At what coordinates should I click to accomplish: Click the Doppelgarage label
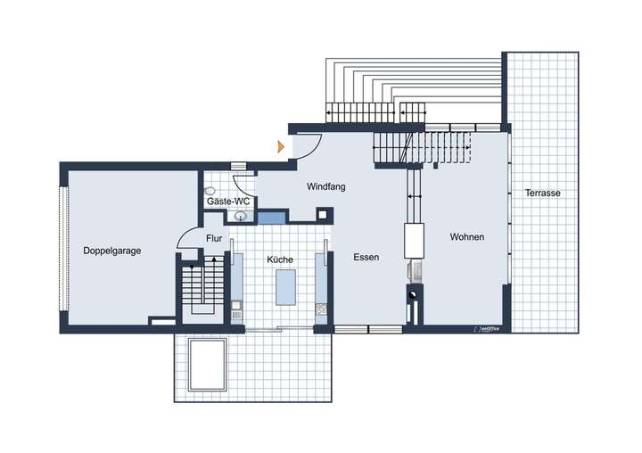click(112, 251)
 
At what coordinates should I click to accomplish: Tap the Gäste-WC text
click(228, 202)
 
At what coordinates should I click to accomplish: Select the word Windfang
click(325, 187)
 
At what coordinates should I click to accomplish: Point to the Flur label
click(214, 238)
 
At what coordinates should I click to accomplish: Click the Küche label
click(280, 259)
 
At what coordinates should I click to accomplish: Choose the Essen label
click(366, 257)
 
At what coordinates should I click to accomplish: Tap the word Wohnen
click(467, 237)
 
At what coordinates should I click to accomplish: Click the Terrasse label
click(543, 193)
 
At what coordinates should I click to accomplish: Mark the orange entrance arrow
click(281, 146)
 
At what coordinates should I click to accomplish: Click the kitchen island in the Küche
click(286, 287)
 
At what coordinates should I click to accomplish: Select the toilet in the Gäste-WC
click(210, 191)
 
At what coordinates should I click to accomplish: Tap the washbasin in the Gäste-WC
click(241, 216)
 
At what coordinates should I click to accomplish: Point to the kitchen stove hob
click(321, 309)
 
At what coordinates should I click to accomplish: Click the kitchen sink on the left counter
click(236, 309)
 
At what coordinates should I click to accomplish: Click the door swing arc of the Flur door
click(188, 237)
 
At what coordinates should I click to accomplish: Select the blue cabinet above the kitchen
click(271, 216)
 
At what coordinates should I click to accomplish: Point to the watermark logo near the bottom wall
click(489, 329)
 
